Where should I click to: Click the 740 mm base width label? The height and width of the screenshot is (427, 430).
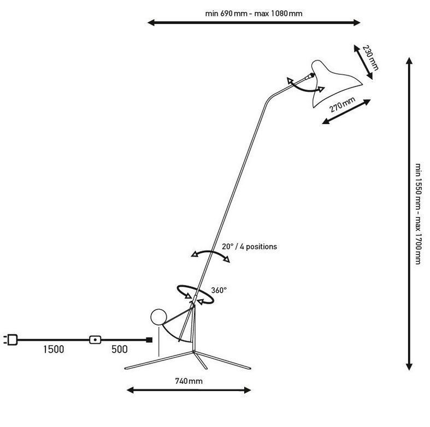(x=189, y=381)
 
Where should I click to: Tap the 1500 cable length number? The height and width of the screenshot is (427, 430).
(x=54, y=349)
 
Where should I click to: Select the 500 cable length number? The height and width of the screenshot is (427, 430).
(x=120, y=349)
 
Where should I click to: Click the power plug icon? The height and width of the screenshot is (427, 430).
(x=11, y=340)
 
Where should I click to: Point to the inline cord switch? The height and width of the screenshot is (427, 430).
(x=95, y=340)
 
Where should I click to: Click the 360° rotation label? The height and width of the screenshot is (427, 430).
(x=219, y=290)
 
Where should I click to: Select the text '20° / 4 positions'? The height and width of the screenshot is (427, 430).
(x=249, y=246)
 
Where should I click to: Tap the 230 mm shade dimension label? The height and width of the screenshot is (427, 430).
(x=370, y=58)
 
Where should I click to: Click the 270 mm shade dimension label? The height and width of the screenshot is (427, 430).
(x=342, y=104)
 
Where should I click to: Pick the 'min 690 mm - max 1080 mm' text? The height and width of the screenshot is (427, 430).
(x=254, y=14)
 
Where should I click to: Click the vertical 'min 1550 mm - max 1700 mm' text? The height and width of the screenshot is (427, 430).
(x=417, y=214)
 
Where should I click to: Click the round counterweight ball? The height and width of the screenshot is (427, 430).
(x=158, y=317)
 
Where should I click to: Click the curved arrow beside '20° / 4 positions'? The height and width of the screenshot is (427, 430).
(x=210, y=252)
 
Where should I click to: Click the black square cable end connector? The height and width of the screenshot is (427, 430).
(x=149, y=340)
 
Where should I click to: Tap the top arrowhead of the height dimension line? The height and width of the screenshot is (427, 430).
(x=409, y=60)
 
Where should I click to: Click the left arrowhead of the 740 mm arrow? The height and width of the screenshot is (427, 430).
(x=130, y=390)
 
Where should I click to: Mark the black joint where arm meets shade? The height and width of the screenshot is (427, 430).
(x=311, y=75)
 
